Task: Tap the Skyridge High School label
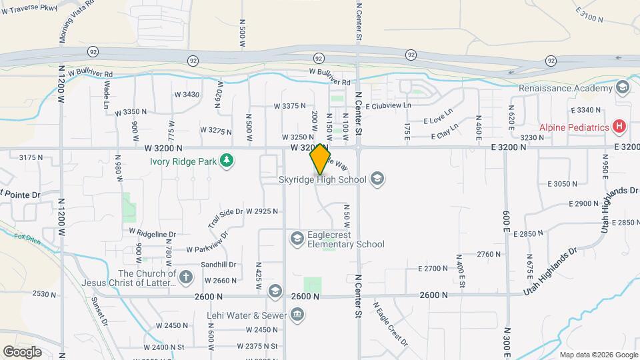[x=322, y=179]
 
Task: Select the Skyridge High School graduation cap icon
[x=377, y=179]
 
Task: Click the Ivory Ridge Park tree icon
[x=228, y=160]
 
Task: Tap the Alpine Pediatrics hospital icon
[x=619, y=126]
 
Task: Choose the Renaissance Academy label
[x=565, y=89]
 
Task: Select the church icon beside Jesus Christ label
[x=185, y=276]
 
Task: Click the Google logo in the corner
[x=22, y=351]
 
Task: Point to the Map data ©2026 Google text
[x=597, y=355]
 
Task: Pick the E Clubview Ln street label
[x=389, y=105]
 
